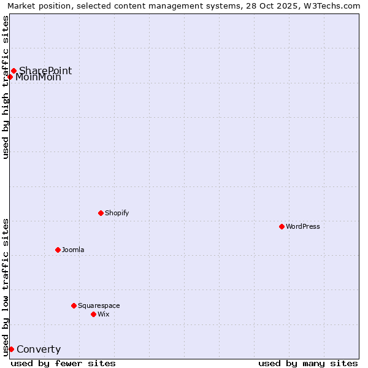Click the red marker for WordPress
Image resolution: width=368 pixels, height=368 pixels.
(x=282, y=226)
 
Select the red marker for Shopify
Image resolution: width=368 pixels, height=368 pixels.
(x=101, y=213)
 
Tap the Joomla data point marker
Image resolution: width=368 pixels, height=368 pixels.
(x=58, y=250)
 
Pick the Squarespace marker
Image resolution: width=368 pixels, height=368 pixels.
(x=74, y=305)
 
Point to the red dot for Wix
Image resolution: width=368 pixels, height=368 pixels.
(x=93, y=314)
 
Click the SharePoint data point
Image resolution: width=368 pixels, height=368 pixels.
(x=13, y=71)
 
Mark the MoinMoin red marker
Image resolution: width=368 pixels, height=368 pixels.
(x=10, y=77)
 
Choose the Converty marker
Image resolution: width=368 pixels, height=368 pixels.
(x=11, y=349)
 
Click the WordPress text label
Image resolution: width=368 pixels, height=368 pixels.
(x=303, y=226)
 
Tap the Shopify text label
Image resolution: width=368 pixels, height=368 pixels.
(x=117, y=213)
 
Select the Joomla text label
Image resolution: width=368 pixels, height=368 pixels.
(x=73, y=250)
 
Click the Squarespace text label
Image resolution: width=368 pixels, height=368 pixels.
(x=99, y=305)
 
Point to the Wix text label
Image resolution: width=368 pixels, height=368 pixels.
(x=104, y=314)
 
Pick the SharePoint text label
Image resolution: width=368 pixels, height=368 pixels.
(x=45, y=71)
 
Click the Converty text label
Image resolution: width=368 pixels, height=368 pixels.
(x=39, y=350)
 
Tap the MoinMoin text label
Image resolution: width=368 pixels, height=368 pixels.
(x=38, y=77)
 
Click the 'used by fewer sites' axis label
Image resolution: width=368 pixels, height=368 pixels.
(x=63, y=363)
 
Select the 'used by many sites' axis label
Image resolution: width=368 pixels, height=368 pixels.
(x=308, y=363)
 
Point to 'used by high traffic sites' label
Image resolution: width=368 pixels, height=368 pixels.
(x=6, y=87)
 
